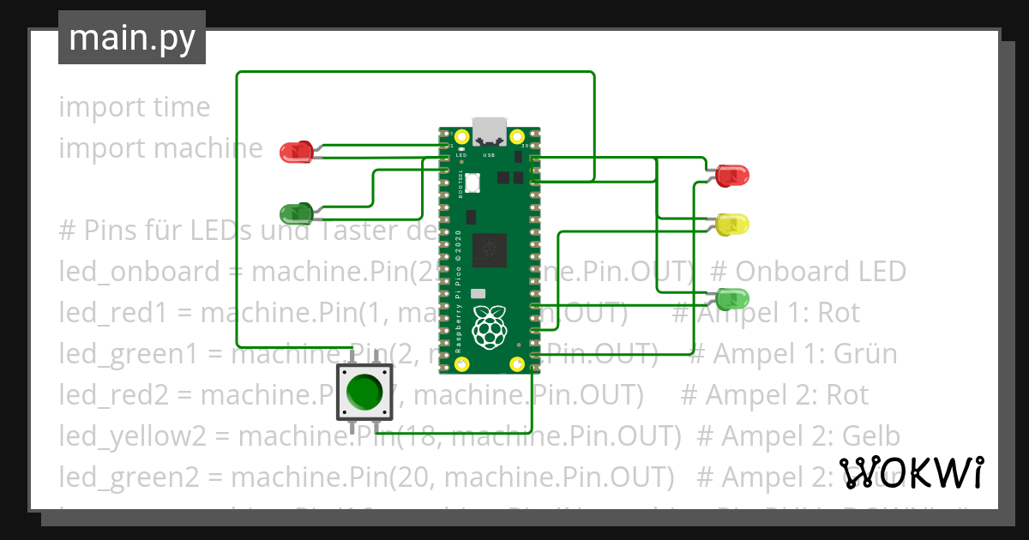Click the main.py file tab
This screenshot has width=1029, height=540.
tap(132, 38)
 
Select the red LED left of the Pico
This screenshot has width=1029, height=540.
tap(296, 152)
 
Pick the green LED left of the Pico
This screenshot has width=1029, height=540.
tap(296, 213)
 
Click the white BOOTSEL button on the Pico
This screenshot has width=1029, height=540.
tap(474, 181)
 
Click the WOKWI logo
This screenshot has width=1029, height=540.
tap(911, 472)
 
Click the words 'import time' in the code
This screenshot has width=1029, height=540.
tap(134, 107)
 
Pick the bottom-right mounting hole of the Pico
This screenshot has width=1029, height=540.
tap(517, 365)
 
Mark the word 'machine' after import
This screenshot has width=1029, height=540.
tap(208, 148)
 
